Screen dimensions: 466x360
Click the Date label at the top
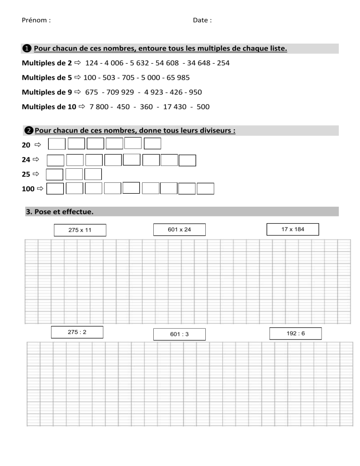pos(201,21)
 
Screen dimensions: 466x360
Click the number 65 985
pos(176,77)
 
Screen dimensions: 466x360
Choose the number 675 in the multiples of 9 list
pos(91,92)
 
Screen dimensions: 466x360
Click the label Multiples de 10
pos(49,107)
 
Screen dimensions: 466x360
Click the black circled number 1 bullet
pos(27,49)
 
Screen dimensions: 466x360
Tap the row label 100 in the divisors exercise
pos(28,189)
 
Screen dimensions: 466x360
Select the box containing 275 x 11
pos(80,230)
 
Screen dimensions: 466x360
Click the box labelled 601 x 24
pos(179,229)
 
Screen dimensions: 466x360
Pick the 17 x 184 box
pos(292,229)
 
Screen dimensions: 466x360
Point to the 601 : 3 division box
pos(179,334)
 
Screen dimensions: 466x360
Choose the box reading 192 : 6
pos(295,333)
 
